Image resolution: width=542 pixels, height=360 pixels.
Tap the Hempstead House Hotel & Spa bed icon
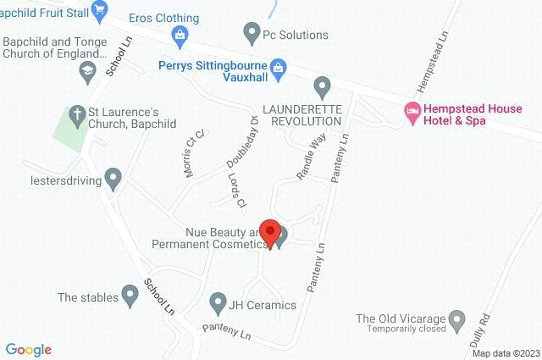pos(412,111)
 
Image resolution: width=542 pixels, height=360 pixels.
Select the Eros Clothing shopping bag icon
pos(180,35)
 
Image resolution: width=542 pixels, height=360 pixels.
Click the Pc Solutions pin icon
pos(252,34)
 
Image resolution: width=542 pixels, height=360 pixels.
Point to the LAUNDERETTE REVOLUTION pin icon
pos(321,86)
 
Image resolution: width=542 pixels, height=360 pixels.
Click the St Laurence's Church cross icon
pos(76,114)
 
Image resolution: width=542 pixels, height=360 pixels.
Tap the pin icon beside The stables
pos(130,296)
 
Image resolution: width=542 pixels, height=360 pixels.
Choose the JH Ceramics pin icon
pos(219,304)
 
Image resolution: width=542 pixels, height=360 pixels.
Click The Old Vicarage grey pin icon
pos(456,319)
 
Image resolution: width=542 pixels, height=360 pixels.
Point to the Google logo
pos(28,350)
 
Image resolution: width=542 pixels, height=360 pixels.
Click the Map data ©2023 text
pos(505,352)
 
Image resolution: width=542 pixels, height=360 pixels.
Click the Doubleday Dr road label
pos(241,141)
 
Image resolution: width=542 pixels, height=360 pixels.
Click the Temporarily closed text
pos(407,330)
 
